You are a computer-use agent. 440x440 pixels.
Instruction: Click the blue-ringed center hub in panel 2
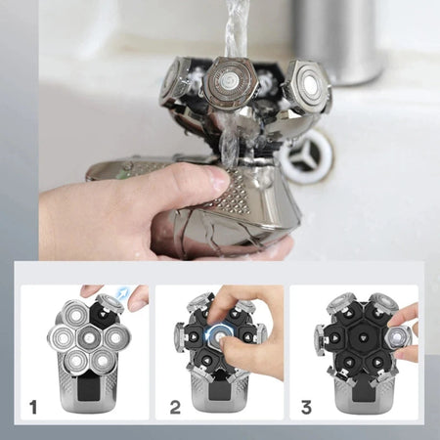tap(220, 335)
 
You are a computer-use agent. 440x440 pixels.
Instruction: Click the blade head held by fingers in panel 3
tap(397, 337)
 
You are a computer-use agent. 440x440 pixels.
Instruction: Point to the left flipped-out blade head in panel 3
tap(321, 338)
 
